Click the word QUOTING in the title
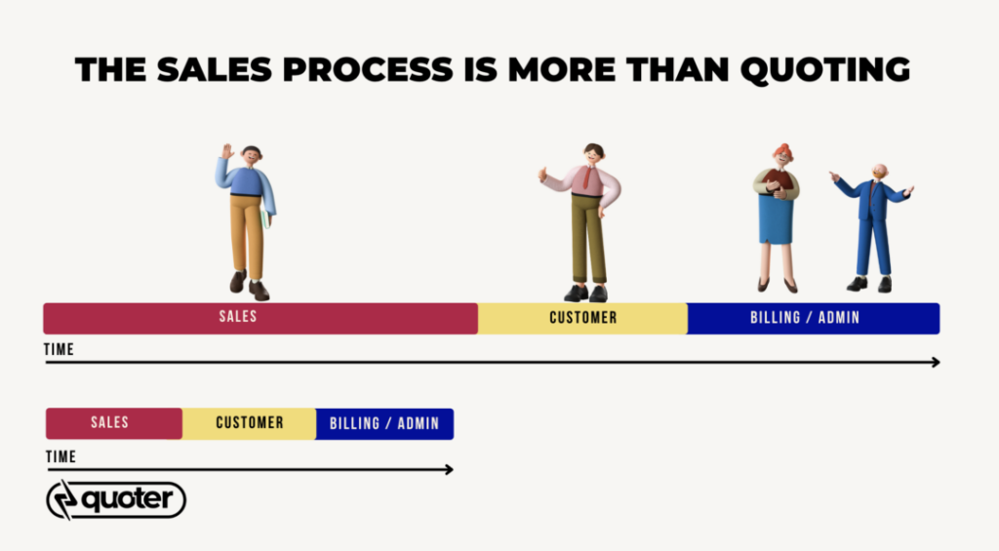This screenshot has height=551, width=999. (825, 70)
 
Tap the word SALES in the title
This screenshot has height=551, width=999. (214, 69)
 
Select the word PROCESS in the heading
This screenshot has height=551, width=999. (368, 69)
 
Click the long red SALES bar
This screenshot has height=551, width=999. (260, 318)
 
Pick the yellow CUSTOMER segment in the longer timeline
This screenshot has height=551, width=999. (583, 318)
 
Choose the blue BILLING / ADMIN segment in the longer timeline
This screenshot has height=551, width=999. (814, 318)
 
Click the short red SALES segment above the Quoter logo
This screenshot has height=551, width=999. (114, 423)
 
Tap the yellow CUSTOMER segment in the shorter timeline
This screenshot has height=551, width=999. (249, 423)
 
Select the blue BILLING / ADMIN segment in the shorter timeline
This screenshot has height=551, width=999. (384, 423)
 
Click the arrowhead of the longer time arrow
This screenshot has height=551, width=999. (936, 362)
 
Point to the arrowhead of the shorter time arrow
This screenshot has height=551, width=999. (449, 469)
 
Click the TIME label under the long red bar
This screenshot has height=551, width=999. (59, 349)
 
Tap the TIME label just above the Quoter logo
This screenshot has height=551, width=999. (60, 456)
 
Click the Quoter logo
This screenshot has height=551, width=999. (116, 499)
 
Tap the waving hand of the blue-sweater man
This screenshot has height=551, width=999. (226, 151)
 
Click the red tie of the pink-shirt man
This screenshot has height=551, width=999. (586, 177)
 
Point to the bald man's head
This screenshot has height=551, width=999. (880, 172)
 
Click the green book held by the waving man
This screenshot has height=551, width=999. (266, 218)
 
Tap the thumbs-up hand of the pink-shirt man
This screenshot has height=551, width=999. (543, 174)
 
